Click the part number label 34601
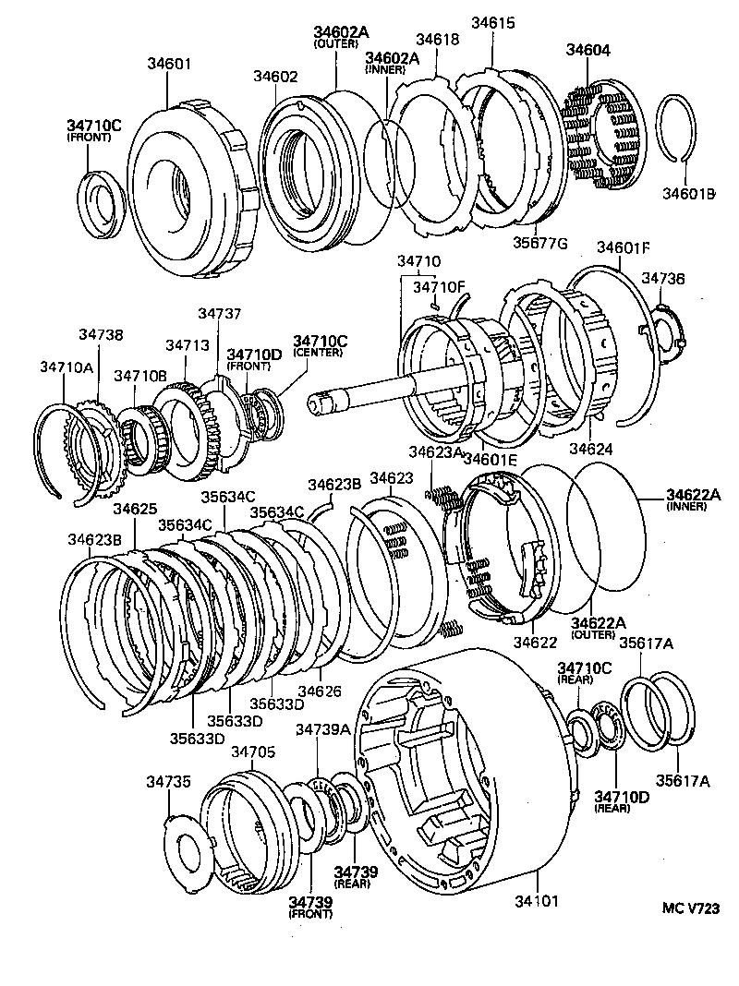point(169,64)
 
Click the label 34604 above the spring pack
point(588,50)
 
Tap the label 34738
point(101,335)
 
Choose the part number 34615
point(494,22)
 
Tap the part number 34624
point(592,448)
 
